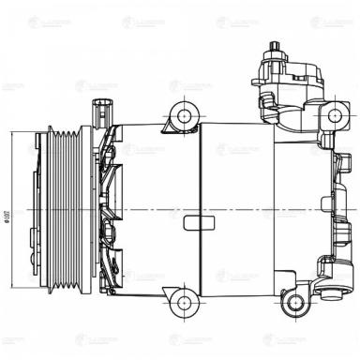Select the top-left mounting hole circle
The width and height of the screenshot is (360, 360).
[182, 117]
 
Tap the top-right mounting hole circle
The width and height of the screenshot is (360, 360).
[335, 116]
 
